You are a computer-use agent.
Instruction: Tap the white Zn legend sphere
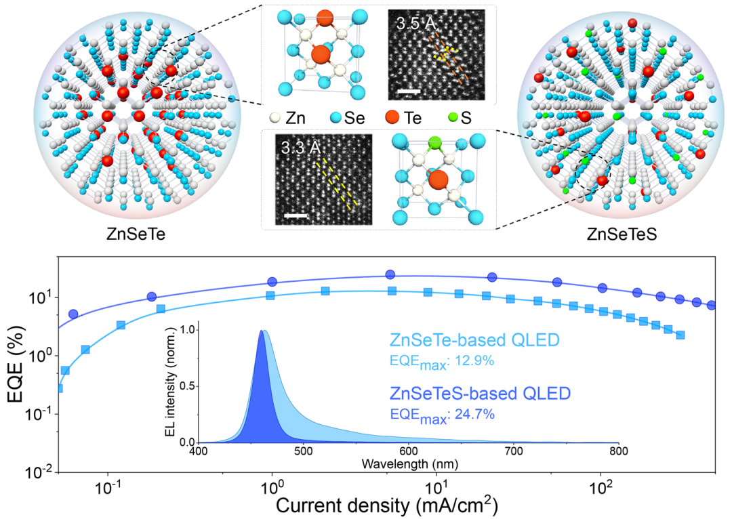275,119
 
